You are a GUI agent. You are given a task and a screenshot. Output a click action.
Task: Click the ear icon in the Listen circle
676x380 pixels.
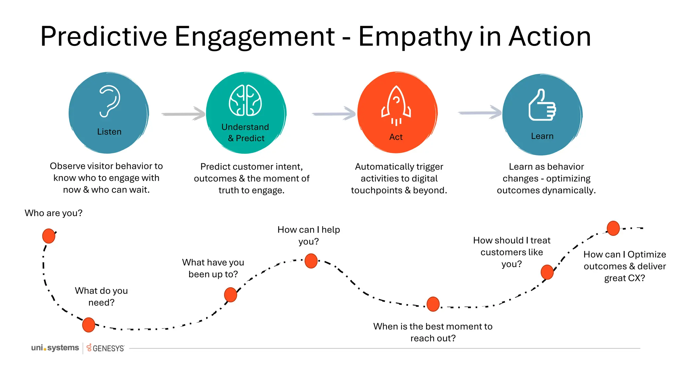click(110, 101)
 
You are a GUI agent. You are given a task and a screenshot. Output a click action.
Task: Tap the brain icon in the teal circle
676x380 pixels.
click(245, 101)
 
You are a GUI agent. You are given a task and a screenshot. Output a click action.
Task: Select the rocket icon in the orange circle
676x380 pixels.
click(396, 105)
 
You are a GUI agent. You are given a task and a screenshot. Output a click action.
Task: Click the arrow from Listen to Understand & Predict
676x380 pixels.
click(184, 114)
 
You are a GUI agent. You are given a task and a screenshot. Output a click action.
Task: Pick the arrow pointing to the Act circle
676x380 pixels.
click(334, 114)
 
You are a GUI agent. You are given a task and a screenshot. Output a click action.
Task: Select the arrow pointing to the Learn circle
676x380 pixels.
click(480, 113)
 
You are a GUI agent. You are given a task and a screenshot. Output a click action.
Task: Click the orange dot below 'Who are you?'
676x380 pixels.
click(49, 236)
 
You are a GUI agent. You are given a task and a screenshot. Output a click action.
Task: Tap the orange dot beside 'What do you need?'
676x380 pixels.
click(88, 325)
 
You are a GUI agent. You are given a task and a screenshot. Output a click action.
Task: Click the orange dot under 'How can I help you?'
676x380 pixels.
click(311, 261)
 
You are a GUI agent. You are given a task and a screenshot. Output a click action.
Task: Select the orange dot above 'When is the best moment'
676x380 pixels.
click(433, 304)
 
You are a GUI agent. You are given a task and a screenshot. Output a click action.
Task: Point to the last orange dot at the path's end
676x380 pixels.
click(613, 228)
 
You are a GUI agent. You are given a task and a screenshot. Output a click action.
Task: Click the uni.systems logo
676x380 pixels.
click(55, 348)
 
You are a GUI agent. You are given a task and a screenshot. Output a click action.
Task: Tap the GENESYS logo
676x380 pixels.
click(106, 348)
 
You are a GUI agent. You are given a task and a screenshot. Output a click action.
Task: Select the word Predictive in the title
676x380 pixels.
click(104, 37)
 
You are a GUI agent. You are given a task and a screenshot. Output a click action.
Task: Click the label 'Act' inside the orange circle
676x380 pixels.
click(396, 137)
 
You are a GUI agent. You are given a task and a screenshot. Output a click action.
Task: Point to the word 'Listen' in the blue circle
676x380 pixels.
click(109, 132)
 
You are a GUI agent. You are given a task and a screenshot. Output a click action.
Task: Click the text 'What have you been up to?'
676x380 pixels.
click(213, 268)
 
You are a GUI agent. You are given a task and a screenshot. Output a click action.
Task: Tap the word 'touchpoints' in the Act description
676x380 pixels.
click(376, 190)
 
